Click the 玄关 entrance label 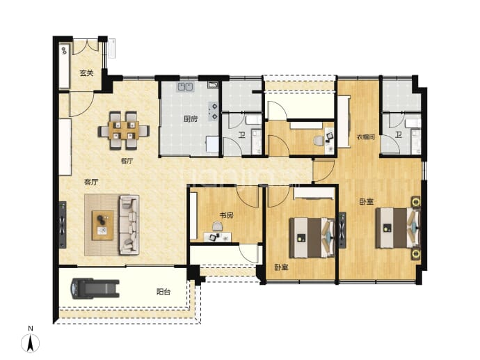click(86, 73)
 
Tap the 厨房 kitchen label click(191, 119)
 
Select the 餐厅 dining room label click(127, 161)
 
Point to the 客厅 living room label click(91, 182)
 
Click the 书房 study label click(226, 215)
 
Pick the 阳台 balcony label click(163, 292)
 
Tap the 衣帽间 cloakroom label click(365, 137)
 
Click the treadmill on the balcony click(95, 288)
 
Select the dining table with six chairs click(124, 130)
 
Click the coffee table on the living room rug click(103, 225)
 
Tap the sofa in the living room click(129, 225)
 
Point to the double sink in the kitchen click(185, 87)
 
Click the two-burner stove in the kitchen click(213, 111)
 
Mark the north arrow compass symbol click(31, 343)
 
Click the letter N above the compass click(31, 329)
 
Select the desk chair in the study click(218, 226)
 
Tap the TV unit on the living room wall click(63, 224)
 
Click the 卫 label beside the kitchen click(242, 135)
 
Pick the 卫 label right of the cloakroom click(398, 135)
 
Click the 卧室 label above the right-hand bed click(367, 202)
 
